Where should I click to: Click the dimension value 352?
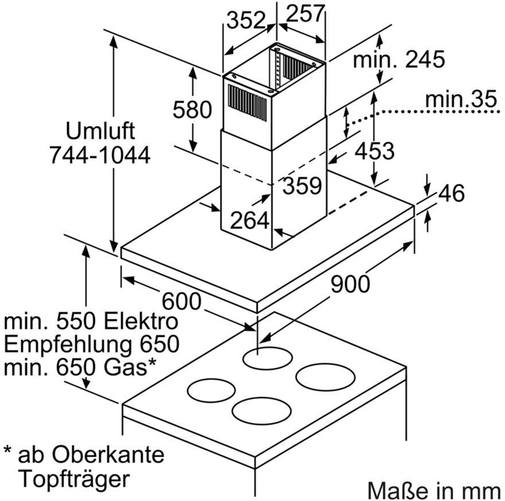click(x=246, y=21)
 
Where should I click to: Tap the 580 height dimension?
click(x=193, y=109)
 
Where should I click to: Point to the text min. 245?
click(x=399, y=60)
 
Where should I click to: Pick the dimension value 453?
click(x=374, y=151)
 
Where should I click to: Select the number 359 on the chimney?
click(x=302, y=186)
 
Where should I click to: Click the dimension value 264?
click(x=250, y=220)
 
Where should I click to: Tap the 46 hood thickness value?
click(x=451, y=194)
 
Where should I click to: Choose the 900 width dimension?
click(x=350, y=283)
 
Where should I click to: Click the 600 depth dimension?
click(x=181, y=300)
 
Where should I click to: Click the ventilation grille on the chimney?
click(x=247, y=103)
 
